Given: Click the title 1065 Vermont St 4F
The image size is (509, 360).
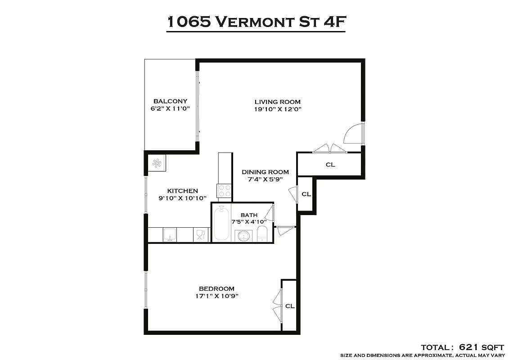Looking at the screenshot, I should pyautogui.click(x=256, y=21).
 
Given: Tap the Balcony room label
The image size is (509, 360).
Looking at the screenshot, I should pyautogui.click(x=170, y=101).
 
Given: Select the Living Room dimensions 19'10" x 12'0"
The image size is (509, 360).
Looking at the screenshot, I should pyautogui.click(x=277, y=109).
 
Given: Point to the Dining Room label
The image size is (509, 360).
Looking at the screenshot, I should pyautogui.click(x=265, y=172).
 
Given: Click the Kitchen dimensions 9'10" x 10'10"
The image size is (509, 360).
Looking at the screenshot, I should pyautogui.click(x=182, y=198).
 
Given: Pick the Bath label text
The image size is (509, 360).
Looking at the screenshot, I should pyautogui.click(x=249, y=215).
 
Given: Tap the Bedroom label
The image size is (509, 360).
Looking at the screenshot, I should pyautogui.click(x=216, y=288).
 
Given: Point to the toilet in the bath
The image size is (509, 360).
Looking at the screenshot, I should pyautogui.click(x=262, y=234).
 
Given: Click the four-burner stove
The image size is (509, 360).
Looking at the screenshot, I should pyautogui.click(x=224, y=191).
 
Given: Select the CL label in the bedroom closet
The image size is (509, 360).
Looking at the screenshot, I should pyautogui.click(x=290, y=306).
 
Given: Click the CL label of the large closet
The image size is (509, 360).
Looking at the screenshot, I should pyautogui.click(x=330, y=165).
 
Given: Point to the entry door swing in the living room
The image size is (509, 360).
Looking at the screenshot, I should pyautogui.click(x=352, y=134).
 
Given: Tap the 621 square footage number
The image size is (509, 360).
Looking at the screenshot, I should pyautogui.click(x=471, y=347).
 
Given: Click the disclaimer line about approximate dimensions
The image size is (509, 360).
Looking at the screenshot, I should pyautogui.click(x=422, y=355).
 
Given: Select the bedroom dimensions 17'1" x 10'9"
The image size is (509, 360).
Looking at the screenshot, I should pyautogui.click(x=216, y=296).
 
